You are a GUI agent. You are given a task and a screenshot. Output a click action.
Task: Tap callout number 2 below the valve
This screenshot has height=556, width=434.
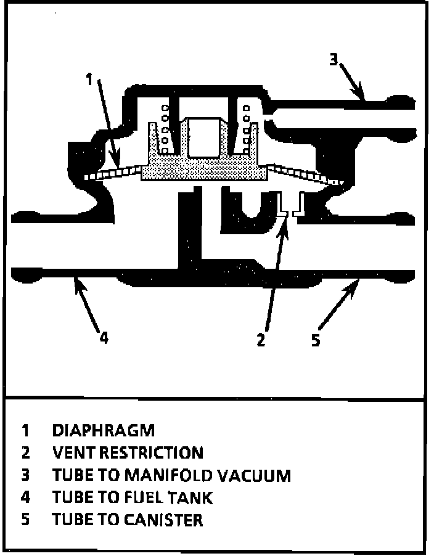261,340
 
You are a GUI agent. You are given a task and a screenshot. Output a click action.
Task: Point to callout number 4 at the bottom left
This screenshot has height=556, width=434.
104,338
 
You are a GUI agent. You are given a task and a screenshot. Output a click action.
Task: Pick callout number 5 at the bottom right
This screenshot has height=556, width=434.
316,340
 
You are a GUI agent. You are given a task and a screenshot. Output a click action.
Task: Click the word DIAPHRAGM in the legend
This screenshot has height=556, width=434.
104,430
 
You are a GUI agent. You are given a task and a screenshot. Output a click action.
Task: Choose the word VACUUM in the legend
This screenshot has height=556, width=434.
256,475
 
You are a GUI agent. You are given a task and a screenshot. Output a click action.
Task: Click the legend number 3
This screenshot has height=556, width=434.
25,475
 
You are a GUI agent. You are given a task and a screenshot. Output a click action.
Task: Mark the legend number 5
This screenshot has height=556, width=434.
25,520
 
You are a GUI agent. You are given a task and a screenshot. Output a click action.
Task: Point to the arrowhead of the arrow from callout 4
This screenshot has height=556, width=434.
75,280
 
